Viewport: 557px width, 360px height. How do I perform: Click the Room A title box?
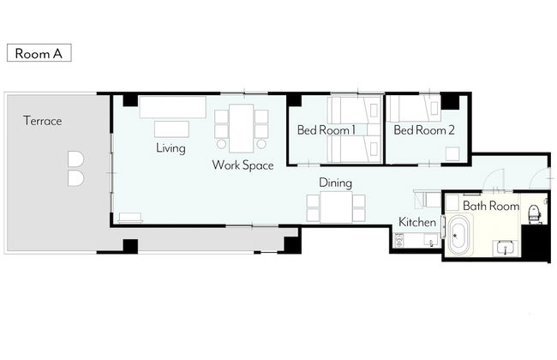click(39, 53)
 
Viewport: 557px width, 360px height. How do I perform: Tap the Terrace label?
click(43, 121)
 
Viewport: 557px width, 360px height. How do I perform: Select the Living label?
click(171, 147)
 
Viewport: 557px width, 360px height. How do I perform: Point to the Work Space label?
click(243, 165)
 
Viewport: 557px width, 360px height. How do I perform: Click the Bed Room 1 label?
click(326, 130)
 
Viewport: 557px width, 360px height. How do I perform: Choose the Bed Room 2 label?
click(424, 130)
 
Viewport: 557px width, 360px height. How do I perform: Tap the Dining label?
click(336, 183)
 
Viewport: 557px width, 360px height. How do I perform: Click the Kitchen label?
click(417, 222)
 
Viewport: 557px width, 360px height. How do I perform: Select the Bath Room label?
click(491, 206)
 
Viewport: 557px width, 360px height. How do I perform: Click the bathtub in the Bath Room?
click(459, 234)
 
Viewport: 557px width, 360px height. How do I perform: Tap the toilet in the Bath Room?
click(534, 214)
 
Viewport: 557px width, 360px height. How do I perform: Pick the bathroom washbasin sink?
click(505, 248)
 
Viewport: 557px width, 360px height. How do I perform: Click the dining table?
click(336, 207)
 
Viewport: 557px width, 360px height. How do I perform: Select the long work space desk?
click(241, 129)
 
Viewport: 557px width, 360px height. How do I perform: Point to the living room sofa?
click(172, 107)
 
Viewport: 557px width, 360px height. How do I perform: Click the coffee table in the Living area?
click(171, 129)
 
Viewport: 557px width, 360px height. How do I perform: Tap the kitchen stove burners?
click(399, 240)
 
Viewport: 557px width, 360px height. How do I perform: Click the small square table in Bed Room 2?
click(452, 154)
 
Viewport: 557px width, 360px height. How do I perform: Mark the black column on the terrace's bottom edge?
click(130, 246)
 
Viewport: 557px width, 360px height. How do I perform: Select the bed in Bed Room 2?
click(414, 108)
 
